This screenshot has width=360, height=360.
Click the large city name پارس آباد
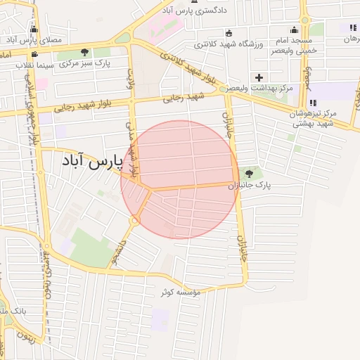[x=92, y=162]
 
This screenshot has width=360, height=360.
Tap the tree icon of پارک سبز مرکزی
[x=85, y=52]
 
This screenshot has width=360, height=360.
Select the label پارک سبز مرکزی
[x=85, y=64]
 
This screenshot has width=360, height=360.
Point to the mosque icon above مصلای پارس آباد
[x=34, y=29]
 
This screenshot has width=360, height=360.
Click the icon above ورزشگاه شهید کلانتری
[x=228, y=33]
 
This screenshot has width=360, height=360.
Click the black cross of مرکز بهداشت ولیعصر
[x=259, y=77]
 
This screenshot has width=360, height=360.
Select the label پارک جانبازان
[x=250, y=186]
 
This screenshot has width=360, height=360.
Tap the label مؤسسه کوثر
[x=181, y=291]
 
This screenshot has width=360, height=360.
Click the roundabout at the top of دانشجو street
[x=133, y=222]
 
